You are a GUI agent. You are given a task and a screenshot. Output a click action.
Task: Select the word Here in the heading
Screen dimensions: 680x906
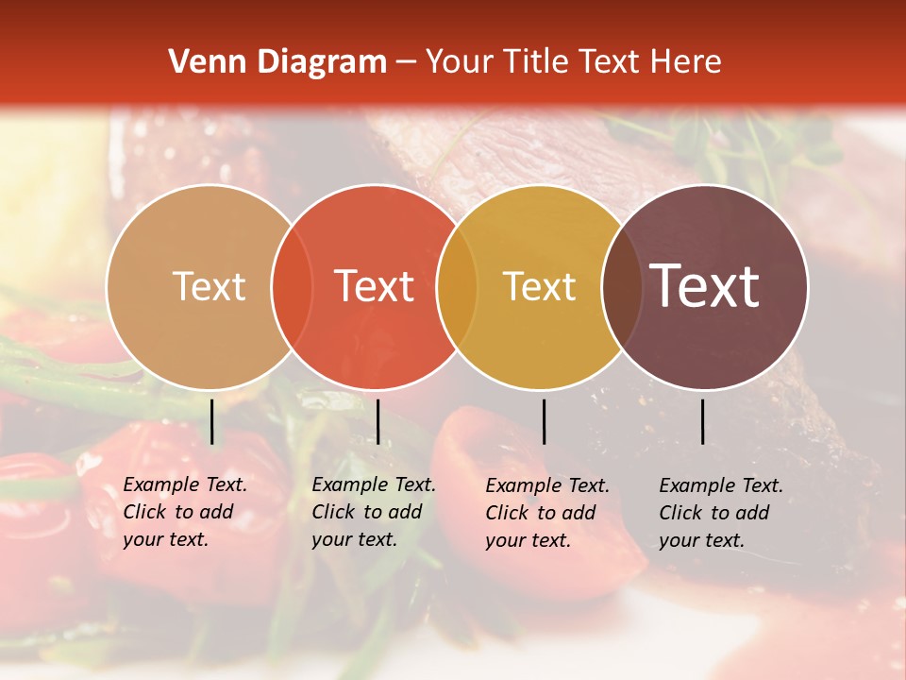pyautogui.click(x=687, y=62)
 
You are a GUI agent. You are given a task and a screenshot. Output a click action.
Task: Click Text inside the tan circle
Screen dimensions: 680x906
pyautogui.click(x=209, y=286)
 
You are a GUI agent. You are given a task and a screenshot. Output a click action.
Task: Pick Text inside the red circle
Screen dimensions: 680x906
pyautogui.click(x=375, y=286)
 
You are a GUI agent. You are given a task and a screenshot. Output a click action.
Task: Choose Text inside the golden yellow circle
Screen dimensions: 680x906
pyautogui.click(x=539, y=286)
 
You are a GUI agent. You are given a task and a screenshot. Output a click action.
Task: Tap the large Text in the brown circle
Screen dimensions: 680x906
pyautogui.click(x=705, y=286)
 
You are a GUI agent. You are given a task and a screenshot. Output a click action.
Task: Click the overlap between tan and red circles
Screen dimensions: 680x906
pyautogui.click(x=292, y=286)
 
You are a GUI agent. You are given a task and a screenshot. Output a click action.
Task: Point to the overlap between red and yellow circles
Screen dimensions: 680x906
pyautogui.click(x=457, y=286)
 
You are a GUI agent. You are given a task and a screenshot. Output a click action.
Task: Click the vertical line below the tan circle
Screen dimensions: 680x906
pyautogui.click(x=212, y=421)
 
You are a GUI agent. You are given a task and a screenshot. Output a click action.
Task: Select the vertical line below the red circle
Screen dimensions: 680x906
pyautogui.click(x=377, y=421)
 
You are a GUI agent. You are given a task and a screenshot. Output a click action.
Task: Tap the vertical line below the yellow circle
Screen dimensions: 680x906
pyautogui.click(x=544, y=421)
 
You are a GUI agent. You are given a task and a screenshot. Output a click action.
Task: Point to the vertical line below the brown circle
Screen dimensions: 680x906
pyautogui.click(x=703, y=421)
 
